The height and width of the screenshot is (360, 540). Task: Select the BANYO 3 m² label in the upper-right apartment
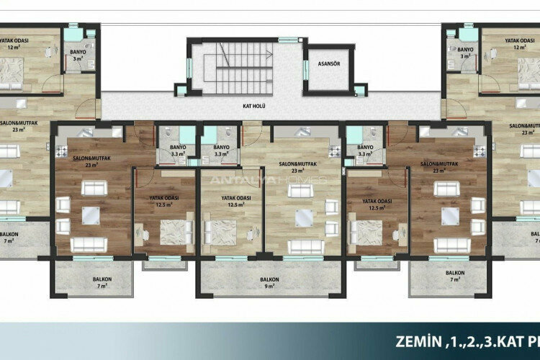[464, 53]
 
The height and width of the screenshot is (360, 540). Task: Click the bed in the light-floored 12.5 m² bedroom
[220, 231]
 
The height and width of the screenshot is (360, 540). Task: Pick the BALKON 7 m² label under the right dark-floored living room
[454, 276]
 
